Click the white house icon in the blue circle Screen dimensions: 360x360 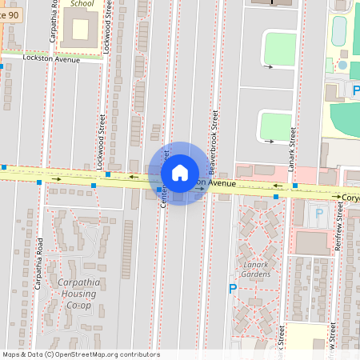[180, 173]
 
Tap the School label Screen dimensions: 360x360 [82, 3]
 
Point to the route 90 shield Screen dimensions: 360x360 [9, 14]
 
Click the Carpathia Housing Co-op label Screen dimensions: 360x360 [75, 294]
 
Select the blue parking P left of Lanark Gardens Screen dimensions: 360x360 [233, 289]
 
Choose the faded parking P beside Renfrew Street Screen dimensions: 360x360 [319, 214]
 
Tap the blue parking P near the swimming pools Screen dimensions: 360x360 [355, 90]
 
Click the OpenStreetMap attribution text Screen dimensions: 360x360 [80, 354]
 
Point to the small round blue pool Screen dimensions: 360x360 [343, 65]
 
